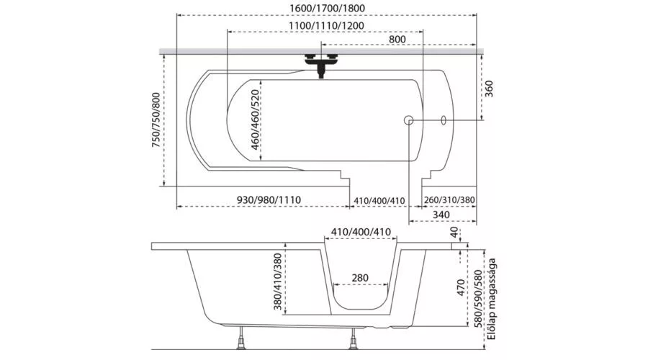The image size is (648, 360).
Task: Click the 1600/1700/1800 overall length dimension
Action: (327, 9)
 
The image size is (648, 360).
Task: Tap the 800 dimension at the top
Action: (397, 39)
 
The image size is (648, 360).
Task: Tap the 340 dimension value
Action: (442, 215)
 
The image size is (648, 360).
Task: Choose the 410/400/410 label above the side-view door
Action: (361, 232)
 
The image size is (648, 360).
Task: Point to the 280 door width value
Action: (361, 278)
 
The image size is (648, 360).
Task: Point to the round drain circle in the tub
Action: (409, 120)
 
